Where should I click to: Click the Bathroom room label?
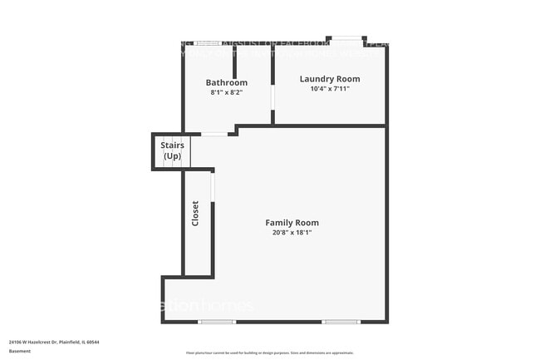[227, 82]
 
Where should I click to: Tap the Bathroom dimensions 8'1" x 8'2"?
[227, 93]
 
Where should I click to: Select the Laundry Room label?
[329, 79]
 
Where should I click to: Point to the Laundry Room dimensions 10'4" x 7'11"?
[329, 89]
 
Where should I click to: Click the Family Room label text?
[292, 222]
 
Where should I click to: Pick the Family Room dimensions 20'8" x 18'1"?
[292, 233]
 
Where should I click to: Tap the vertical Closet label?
[195, 214]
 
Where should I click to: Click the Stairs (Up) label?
[172, 150]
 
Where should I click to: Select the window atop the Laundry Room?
[346, 38]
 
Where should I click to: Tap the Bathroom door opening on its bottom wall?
[214, 134]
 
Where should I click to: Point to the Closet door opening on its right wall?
[214, 187]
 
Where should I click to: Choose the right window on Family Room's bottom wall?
[341, 322]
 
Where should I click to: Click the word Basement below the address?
[20, 351]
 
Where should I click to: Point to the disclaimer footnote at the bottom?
[269, 353]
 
